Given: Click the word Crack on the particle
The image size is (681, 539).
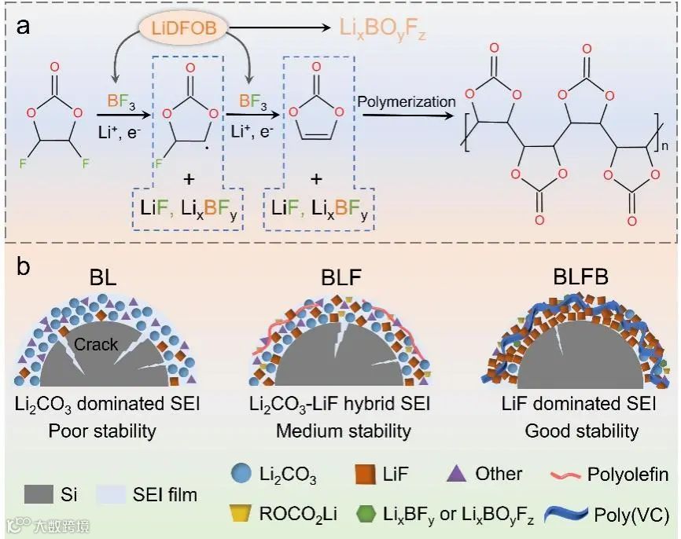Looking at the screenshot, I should click(x=96, y=343).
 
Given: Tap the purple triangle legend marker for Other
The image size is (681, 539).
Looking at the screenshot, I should click(x=454, y=475).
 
